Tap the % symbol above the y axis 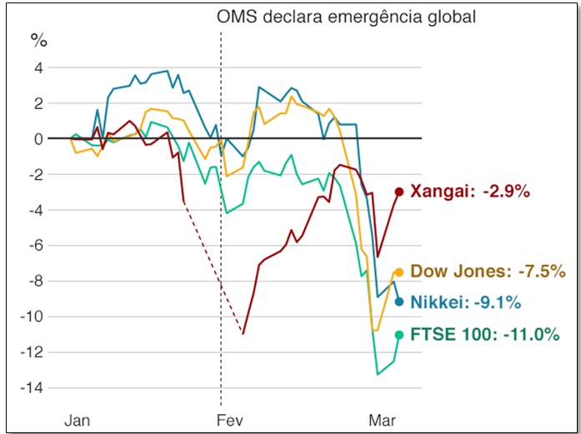point(39,39)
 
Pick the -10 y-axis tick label point(33,317)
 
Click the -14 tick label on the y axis point(33,387)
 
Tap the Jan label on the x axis point(78,420)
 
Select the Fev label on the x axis point(228,420)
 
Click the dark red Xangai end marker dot point(398,192)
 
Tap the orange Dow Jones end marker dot point(398,272)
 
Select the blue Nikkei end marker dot point(398,302)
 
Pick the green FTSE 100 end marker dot point(398,335)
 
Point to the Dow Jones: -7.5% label point(488,272)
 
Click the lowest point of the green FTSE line point(378,374)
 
